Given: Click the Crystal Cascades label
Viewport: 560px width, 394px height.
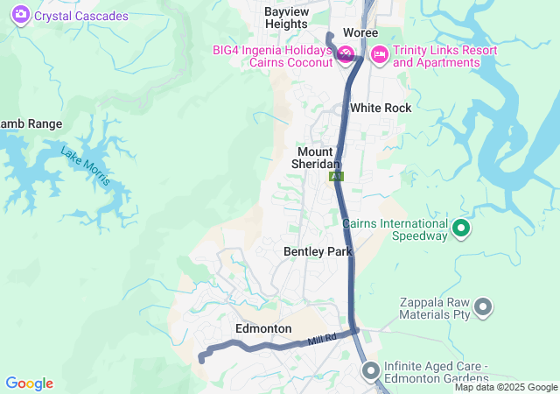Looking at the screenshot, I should tap(80, 16).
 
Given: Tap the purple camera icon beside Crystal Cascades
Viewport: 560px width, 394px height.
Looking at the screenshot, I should tap(20, 15).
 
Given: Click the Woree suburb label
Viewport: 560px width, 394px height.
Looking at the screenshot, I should tap(360, 32).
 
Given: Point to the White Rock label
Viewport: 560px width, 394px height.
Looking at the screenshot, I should tap(380, 108).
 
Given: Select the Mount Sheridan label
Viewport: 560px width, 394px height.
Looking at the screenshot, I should tap(315, 158).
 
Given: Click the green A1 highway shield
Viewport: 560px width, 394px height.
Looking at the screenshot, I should tap(337, 176).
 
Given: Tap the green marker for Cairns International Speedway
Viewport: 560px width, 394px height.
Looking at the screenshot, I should tap(461, 229).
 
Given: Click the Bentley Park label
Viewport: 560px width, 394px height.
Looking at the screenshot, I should tap(317, 251).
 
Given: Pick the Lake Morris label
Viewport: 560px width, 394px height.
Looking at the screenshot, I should tap(86, 165).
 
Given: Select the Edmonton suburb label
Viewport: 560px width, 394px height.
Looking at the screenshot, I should tap(263, 328).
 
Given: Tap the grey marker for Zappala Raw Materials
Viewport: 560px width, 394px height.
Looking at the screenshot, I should tap(483, 306).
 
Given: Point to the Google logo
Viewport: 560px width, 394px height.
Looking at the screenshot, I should tap(29, 383).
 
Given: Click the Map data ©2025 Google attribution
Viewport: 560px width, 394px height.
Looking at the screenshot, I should tap(506, 388).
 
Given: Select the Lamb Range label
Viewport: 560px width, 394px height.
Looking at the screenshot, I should tap(19, 123).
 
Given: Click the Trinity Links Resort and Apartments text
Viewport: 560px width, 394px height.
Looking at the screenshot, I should tap(444, 56).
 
